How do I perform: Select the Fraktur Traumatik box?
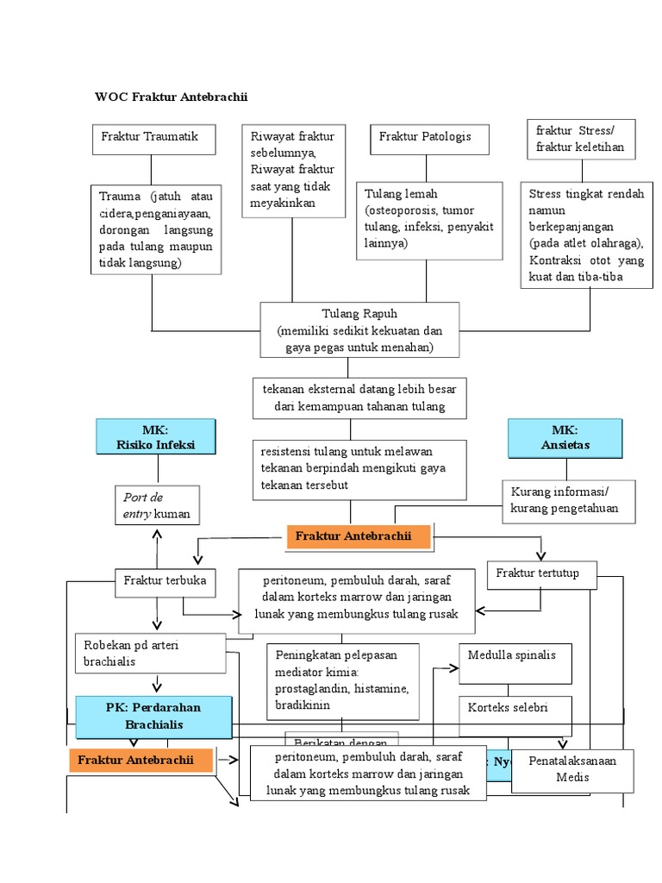[153, 139]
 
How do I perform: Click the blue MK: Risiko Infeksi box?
[156, 438]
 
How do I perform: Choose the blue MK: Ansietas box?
[565, 438]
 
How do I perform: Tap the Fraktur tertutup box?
[541, 574]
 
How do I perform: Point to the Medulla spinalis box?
[511, 655]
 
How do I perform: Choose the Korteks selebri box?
[508, 708]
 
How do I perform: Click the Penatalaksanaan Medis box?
[572, 770]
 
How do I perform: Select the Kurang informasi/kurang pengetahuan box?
[567, 500]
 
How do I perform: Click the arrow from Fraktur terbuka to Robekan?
[157, 614]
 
